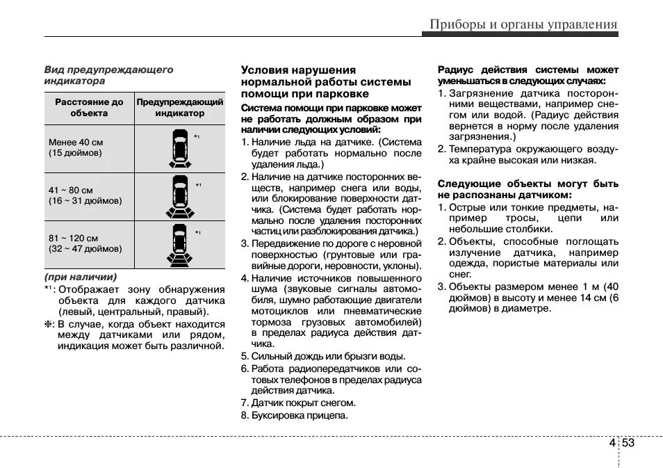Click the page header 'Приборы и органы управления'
[523, 24]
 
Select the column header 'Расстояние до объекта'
[89, 107]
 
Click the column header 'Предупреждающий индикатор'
[180, 107]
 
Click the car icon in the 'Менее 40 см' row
[179, 148]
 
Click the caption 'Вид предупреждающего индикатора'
[108, 75]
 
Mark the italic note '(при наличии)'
[81, 277]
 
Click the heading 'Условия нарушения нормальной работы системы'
[326, 81]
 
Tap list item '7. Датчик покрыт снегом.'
[298, 403]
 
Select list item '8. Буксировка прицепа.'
[295, 415]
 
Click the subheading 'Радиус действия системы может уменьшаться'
[527, 75]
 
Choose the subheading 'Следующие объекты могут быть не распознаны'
[527, 189]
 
